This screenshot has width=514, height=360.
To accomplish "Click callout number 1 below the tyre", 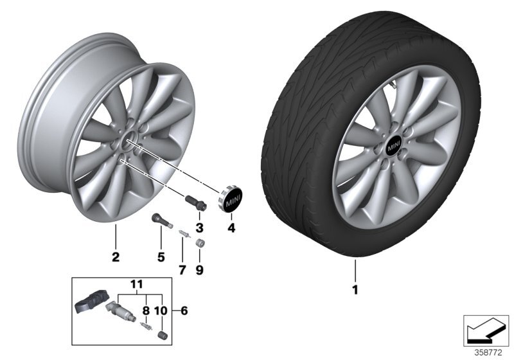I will click(x=354, y=290).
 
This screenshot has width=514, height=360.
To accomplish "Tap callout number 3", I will click(x=200, y=228).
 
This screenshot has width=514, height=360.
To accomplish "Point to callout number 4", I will click(x=232, y=228).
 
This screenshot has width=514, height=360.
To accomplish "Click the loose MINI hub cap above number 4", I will click(x=232, y=200).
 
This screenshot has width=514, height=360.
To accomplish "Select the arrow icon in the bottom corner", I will click(x=486, y=330).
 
